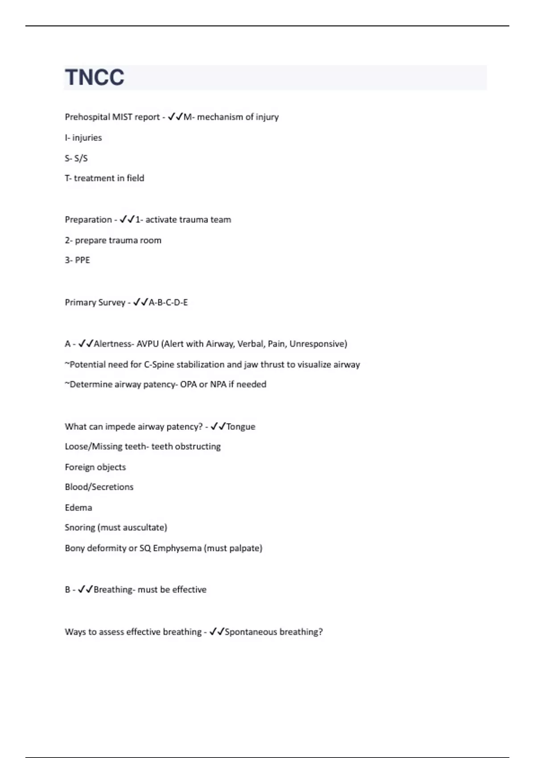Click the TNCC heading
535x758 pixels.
(x=95, y=77)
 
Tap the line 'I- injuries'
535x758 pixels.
(x=83, y=138)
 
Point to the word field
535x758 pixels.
(x=135, y=178)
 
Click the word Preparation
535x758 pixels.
(x=88, y=220)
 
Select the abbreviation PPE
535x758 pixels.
(x=82, y=260)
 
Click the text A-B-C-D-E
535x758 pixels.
(x=168, y=302)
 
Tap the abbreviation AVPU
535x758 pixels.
(x=147, y=344)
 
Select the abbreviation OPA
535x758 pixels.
(x=188, y=384)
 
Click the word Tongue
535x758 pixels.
(x=241, y=427)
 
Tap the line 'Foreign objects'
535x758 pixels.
(x=95, y=467)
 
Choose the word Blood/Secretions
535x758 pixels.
(x=99, y=487)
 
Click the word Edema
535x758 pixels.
(x=78, y=508)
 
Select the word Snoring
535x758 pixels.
(x=80, y=527)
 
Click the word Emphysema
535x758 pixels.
(x=177, y=548)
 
